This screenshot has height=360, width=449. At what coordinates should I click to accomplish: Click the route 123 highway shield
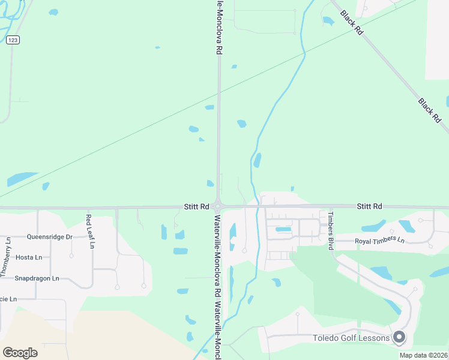(x=13, y=40)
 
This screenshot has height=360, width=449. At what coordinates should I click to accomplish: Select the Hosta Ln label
(x=29, y=257)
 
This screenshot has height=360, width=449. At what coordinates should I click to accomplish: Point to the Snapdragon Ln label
(x=37, y=278)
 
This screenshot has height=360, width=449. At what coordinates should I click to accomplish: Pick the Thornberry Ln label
(x=5, y=257)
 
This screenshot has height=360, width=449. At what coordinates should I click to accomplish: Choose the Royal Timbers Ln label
(x=380, y=241)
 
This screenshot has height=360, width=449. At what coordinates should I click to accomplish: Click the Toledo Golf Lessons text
(x=351, y=338)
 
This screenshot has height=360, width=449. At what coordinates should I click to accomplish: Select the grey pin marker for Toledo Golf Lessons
(x=399, y=338)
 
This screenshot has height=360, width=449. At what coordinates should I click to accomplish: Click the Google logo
(x=20, y=353)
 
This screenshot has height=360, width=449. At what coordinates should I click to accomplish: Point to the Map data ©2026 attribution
(x=423, y=355)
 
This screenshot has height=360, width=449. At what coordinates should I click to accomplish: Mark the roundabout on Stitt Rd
(x=218, y=206)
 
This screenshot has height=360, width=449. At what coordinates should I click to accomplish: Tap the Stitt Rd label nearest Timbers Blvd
(x=369, y=206)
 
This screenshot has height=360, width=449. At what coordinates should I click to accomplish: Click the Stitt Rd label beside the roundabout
(x=196, y=206)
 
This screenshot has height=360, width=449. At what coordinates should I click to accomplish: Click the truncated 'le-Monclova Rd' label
(x=219, y=27)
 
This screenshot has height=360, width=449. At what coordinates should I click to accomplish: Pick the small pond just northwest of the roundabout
(x=210, y=183)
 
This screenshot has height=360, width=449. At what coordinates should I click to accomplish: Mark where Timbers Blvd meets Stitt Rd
(x=329, y=208)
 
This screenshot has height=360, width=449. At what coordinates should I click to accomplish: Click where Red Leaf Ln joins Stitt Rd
(x=88, y=208)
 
